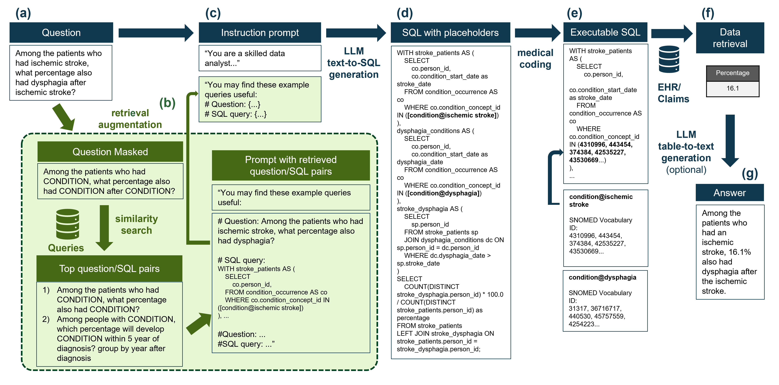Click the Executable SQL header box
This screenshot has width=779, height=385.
click(605, 32)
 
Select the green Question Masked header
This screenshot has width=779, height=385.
click(110, 152)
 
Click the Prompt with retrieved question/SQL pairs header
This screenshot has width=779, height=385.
click(291, 165)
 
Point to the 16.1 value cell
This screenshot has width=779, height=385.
click(732, 88)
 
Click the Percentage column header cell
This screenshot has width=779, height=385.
click(732, 73)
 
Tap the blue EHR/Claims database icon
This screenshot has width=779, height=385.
click(669, 59)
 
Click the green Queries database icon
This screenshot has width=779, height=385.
click(67, 224)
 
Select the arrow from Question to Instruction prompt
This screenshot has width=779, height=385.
click(155, 33)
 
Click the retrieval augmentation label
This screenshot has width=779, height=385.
click(130, 119)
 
